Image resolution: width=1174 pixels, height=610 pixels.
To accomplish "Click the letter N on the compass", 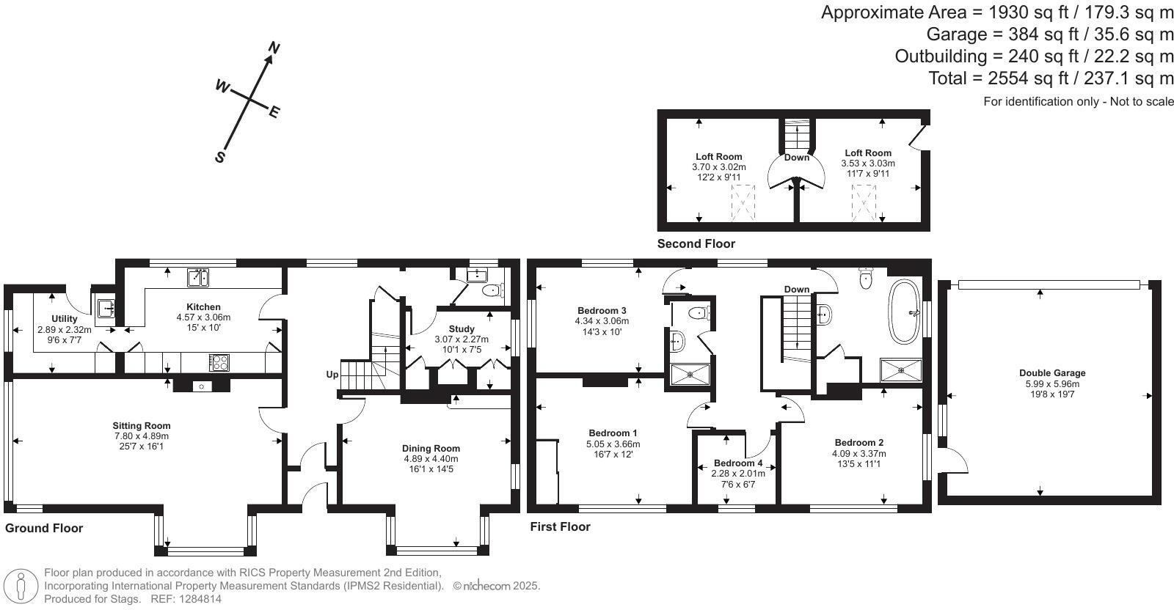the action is pyautogui.click(x=274, y=48).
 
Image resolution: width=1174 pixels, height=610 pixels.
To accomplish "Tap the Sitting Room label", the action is pyautogui.click(x=142, y=426).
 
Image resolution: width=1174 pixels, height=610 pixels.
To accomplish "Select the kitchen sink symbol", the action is pyautogui.click(x=198, y=278).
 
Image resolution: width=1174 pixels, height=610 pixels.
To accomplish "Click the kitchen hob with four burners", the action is pyautogui.click(x=219, y=362).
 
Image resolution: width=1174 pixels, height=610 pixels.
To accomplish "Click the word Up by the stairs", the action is pyautogui.click(x=332, y=375).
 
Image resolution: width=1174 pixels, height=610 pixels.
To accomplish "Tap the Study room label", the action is pyautogui.click(x=462, y=328).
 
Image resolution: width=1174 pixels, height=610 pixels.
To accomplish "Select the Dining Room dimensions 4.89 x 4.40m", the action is pyautogui.click(x=431, y=459).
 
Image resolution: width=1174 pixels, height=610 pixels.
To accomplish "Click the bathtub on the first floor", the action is pyautogui.click(x=904, y=312).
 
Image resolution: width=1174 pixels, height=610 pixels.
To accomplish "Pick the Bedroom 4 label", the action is pyautogui.click(x=738, y=463).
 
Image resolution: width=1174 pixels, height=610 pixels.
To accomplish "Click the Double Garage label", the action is pyautogui.click(x=1052, y=372).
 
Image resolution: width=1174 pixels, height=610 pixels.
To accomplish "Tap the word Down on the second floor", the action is pyautogui.click(x=797, y=157).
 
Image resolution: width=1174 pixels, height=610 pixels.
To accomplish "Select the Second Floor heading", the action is pyautogui.click(x=696, y=243).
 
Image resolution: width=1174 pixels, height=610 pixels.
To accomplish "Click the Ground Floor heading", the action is pyautogui.click(x=44, y=528).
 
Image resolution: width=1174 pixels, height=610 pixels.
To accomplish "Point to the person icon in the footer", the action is pyautogui.click(x=21, y=586).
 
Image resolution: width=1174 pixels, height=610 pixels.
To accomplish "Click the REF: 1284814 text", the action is pyautogui.click(x=186, y=599).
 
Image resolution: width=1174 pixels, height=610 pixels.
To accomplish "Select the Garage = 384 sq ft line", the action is pyautogui.click(x=1050, y=34).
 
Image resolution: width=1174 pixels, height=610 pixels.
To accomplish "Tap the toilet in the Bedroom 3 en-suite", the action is pyautogui.click(x=698, y=313).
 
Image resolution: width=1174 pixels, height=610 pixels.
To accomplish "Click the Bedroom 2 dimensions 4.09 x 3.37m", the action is pyautogui.click(x=859, y=453).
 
